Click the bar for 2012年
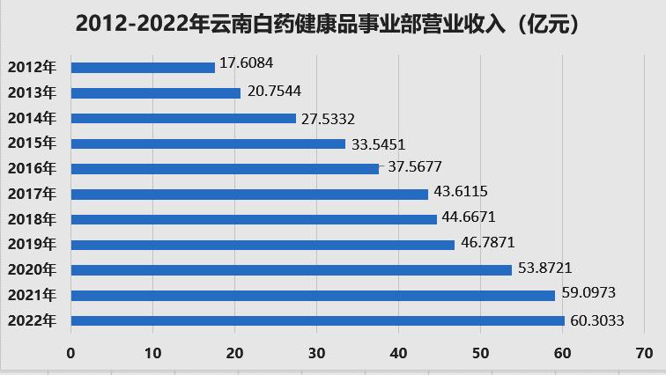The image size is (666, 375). coord(143,67)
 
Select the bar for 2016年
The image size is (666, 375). coord(225,168)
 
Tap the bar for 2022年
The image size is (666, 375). coord(317,320)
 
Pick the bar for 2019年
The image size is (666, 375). coord(263,245)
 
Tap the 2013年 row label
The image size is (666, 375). coord(32,92)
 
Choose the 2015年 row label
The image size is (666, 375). coord(32,143)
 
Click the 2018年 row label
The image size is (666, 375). coord(32,219)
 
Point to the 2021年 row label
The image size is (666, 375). coord(32,295)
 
